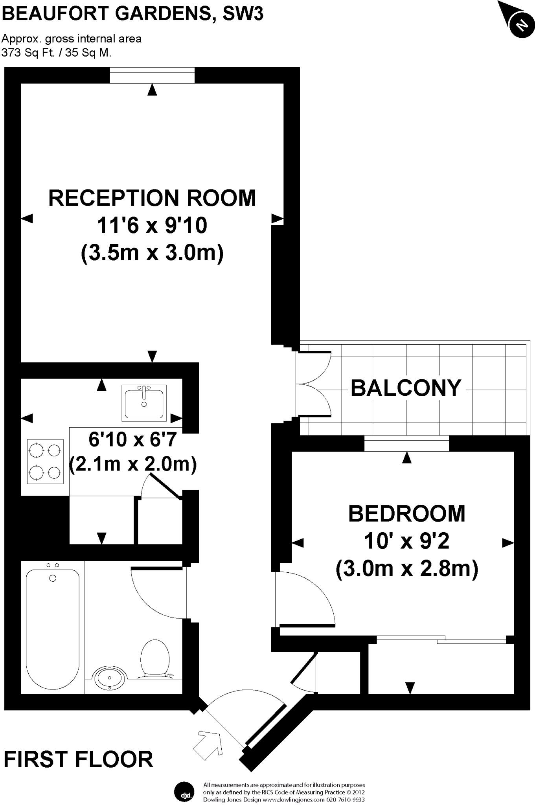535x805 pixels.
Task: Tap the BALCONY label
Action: point(405,388)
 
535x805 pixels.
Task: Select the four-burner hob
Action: point(45,461)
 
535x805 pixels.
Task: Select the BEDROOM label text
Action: point(406,513)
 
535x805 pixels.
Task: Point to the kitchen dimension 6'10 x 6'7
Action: point(133,439)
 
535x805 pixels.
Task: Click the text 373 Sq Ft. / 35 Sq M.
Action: point(56,53)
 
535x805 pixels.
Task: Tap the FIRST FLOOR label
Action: point(78,759)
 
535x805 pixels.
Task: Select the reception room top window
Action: point(152,75)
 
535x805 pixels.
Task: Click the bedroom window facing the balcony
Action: point(406,443)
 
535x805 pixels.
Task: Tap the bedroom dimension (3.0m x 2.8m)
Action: point(406,569)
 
